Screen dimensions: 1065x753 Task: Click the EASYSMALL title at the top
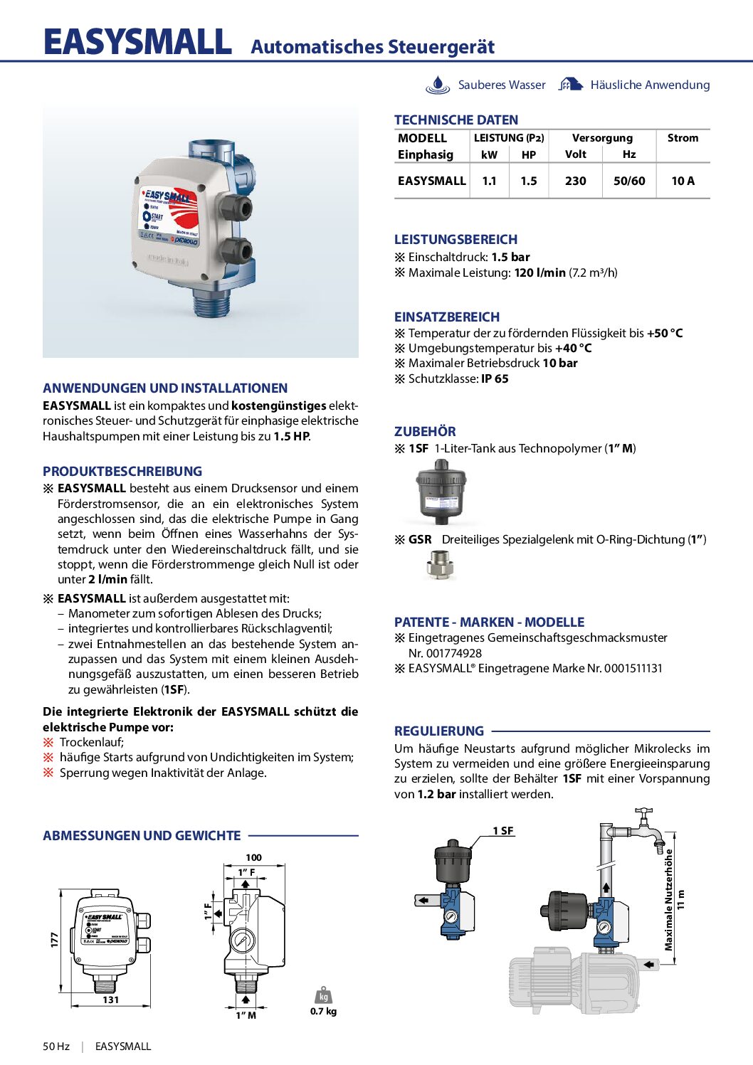point(137,43)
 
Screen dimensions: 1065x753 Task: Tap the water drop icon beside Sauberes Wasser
point(438,85)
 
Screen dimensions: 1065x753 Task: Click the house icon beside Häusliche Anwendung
point(571,85)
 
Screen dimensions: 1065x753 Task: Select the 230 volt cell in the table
point(575,181)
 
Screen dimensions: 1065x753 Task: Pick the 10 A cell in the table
point(683,181)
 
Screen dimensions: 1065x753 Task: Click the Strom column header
point(683,138)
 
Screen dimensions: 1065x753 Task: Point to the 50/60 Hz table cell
point(629,181)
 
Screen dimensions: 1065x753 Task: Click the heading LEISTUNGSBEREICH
point(456,240)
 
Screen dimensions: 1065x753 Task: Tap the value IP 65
point(495,378)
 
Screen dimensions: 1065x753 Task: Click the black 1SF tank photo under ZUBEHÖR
point(441,491)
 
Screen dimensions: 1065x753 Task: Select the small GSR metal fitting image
point(440,566)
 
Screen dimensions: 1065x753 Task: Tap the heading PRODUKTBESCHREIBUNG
point(122,471)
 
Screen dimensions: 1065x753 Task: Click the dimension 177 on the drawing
point(54,939)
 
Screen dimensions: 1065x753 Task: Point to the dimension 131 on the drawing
point(111,1000)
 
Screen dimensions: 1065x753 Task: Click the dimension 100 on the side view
point(253,857)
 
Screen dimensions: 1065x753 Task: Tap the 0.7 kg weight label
point(324,1011)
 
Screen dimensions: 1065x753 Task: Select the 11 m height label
point(681,899)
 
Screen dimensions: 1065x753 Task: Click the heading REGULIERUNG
point(439,731)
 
